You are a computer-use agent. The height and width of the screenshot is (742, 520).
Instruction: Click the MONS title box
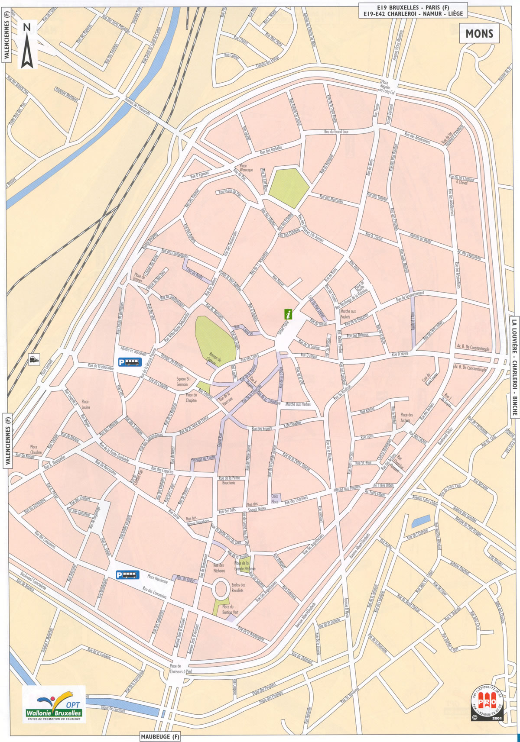point(479,33)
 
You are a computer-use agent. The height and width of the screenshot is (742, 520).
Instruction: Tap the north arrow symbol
point(27,45)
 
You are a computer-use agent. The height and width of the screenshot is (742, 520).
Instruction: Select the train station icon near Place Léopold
point(33,359)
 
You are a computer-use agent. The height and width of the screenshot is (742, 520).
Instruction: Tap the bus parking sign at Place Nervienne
point(127,575)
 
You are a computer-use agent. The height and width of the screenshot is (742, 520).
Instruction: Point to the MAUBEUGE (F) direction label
point(160,737)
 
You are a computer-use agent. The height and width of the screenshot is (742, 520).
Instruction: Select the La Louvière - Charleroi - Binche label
point(514,366)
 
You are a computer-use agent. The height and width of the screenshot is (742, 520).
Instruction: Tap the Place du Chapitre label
point(191,397)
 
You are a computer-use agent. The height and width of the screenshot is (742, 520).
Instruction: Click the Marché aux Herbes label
point(298,404)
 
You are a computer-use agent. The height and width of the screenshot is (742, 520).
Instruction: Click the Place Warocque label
point(246,168)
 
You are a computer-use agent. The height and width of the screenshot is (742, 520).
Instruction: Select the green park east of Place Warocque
point(288,187)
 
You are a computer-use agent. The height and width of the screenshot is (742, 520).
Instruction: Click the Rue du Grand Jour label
point(336,132)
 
